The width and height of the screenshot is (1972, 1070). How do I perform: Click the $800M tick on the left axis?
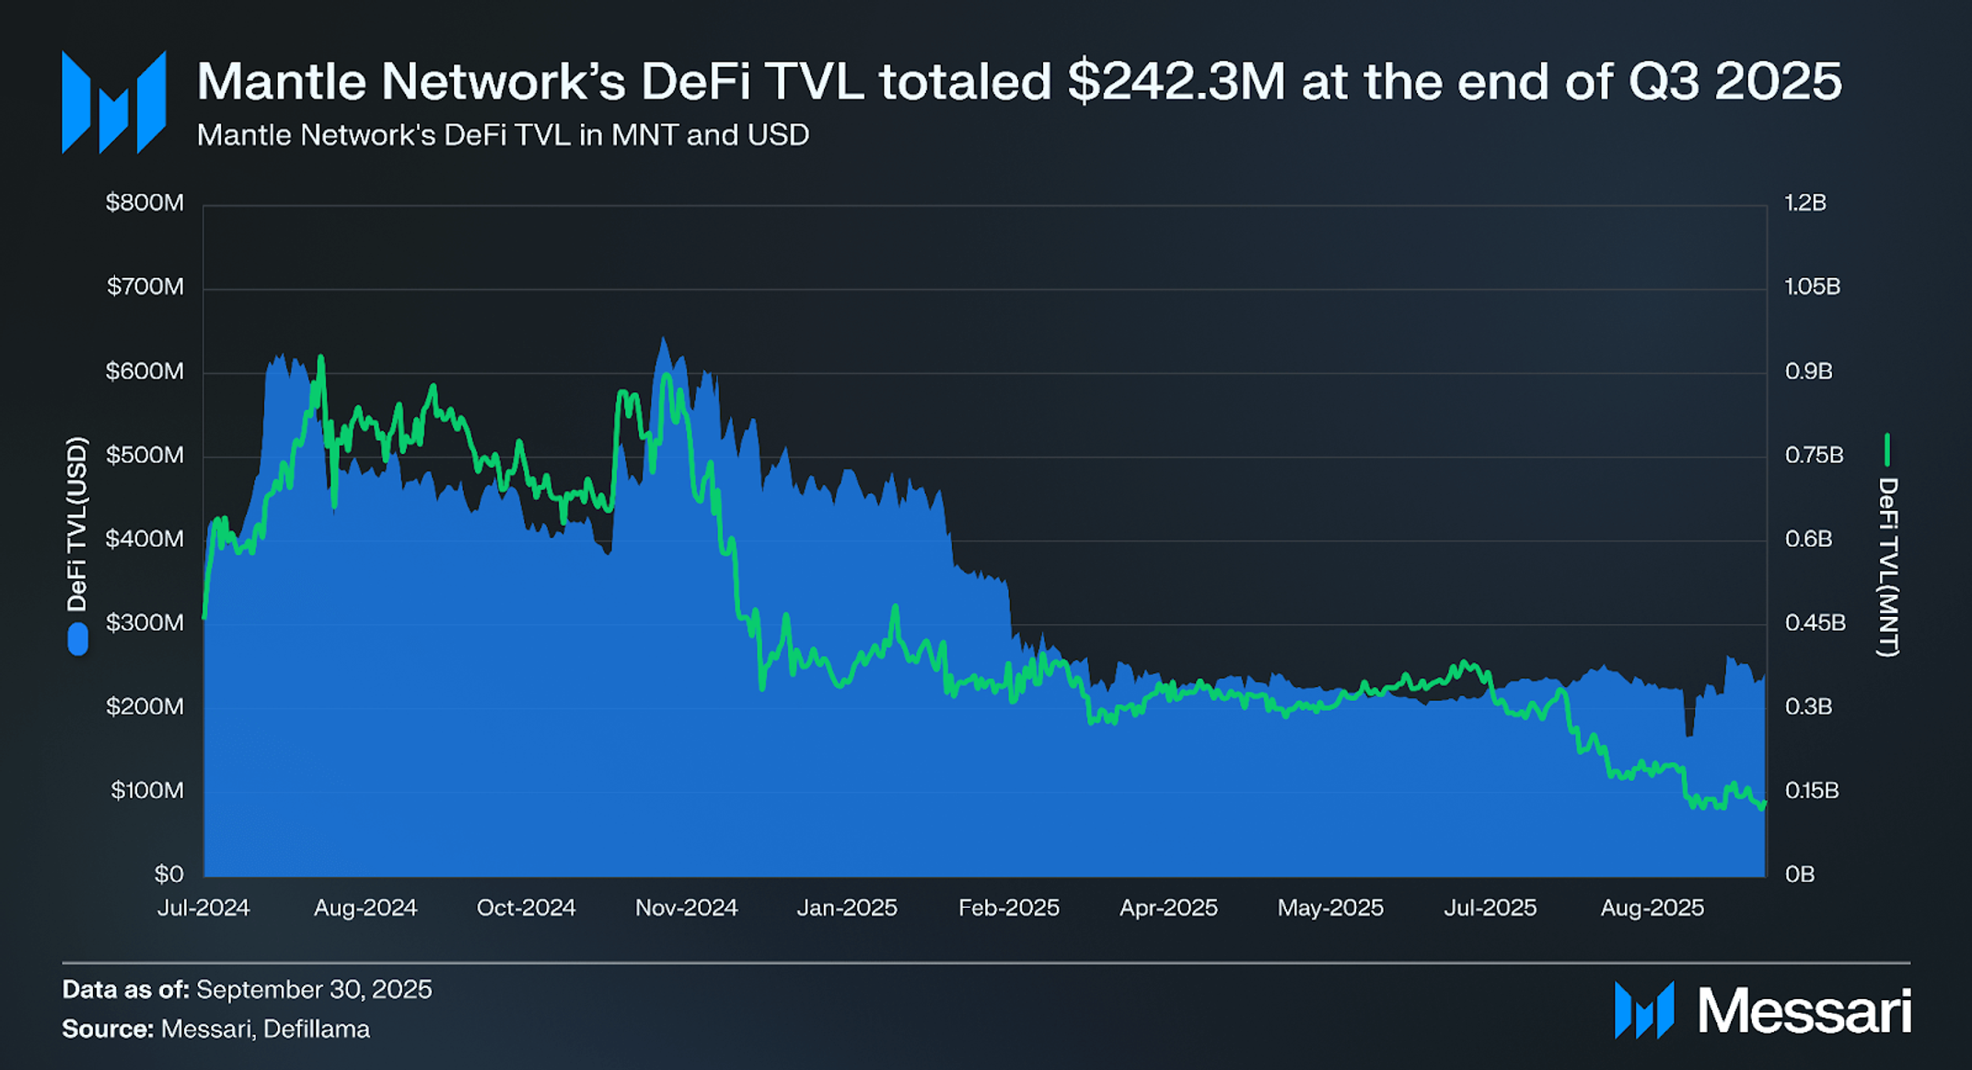point(145,203)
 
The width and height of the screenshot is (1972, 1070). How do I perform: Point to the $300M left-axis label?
point(145,622)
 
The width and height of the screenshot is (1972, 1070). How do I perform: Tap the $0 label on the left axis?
point(168,874)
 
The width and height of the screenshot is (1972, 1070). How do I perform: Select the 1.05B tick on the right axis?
point(1812,286)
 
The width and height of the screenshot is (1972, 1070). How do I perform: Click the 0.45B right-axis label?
point(1815,622)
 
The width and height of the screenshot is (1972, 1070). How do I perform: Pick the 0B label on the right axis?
point(1799,874)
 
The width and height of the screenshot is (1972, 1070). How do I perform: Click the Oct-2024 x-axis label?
point(526,908)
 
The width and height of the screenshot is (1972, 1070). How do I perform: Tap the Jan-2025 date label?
point(847,908)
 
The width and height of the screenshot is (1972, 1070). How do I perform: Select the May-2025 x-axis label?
point(1330,908)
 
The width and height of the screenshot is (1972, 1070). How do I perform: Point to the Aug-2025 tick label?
point(1652,908)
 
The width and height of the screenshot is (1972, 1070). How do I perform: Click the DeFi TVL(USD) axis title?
point(77,524)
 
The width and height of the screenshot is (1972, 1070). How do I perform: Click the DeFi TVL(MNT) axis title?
point(1887,567)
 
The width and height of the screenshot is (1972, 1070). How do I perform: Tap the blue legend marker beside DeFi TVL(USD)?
point(78,639)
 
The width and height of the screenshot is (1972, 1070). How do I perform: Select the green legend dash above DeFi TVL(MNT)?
point(1886,449)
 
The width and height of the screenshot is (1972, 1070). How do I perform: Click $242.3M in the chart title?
point(1176,82)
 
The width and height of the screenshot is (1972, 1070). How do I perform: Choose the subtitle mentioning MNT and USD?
point(503,135)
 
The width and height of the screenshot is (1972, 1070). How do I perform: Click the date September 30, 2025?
point(314,989)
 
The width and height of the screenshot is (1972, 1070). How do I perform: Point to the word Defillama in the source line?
point(317,1029)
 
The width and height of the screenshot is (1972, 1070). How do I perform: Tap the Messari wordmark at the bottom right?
point(1804,1011)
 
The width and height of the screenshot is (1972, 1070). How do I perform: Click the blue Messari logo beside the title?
point(113,101)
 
